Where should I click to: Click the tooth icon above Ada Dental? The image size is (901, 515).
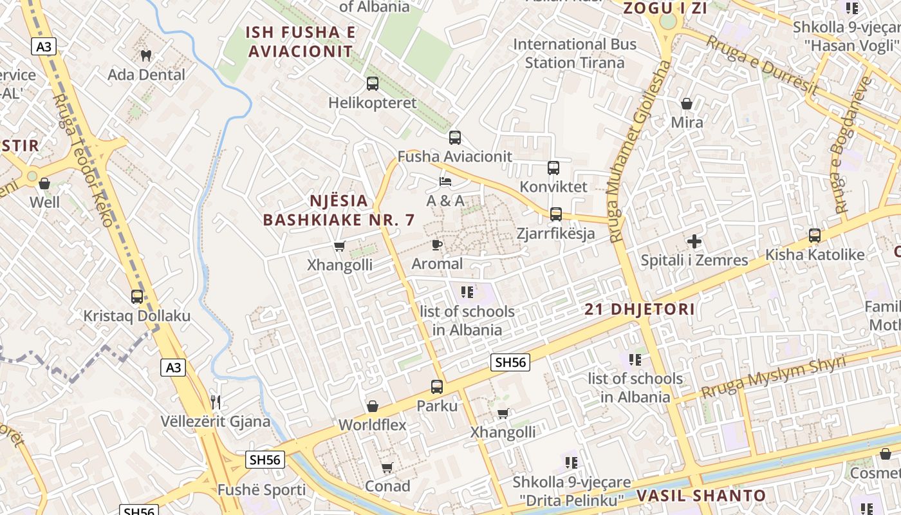click(x=146, y=55)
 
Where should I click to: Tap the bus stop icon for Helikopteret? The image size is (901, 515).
click(x=372, y=83)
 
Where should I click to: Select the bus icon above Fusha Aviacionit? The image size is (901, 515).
click(x=454, y=137)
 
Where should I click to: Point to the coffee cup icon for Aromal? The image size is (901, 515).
click(x=436, y=245)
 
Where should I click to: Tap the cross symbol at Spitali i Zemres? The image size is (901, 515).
click(x=694, y=241)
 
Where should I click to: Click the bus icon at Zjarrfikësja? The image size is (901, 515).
click(x=555, y=214)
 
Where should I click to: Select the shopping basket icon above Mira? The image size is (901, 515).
click(x=687, y=103)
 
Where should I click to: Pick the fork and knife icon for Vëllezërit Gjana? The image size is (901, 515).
click(x=216, y=402)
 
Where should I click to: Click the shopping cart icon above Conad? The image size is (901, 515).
click(x=387, y=467)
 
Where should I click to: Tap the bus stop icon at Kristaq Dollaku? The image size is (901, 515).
click(x=136, y=296)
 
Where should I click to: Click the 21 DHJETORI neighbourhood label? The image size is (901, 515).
click(x=640, y=310)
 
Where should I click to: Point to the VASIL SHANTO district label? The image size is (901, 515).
click(x=701, y=496)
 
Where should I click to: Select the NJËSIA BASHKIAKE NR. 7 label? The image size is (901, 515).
click(x=339, y=210)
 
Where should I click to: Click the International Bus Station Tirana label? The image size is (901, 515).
click(x=574, y=53)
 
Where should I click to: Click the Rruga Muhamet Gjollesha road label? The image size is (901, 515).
click(x=639, y=151)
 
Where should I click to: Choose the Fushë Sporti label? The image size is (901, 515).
click(x=261, y=490)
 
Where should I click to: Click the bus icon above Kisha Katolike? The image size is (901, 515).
click(x=814, y=236)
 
